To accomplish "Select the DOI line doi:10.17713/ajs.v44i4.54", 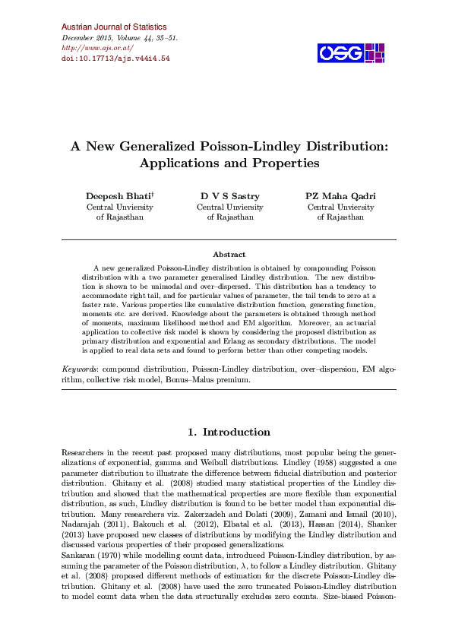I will click(x=115, y=58).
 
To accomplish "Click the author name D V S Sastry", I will click(x=229, y=196).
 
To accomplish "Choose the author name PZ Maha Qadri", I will click(x=340, y=196).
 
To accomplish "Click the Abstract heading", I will click(x=229, y=255).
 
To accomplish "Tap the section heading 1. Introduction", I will click(x=229, y=432).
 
